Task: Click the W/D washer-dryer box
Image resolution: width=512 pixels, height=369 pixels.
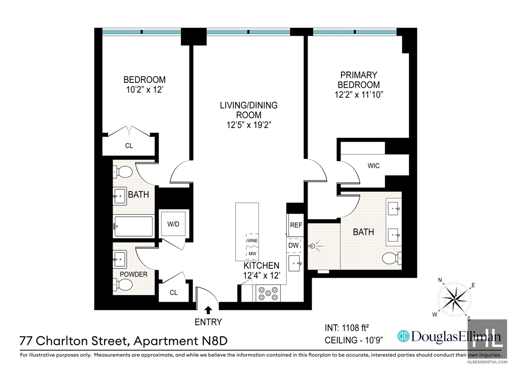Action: [173, 223]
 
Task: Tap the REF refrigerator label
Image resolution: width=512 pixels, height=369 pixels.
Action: [296, 225]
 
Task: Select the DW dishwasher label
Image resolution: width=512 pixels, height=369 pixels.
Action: [294, 245]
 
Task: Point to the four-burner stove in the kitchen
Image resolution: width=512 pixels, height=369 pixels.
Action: [268, 293]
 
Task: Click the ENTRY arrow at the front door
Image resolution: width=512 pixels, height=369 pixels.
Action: [209, 310]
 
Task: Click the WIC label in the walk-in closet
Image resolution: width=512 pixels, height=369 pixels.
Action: [373, 166]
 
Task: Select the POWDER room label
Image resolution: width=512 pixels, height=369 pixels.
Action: [134, 274]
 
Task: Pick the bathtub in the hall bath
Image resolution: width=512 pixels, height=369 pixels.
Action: [133, 227]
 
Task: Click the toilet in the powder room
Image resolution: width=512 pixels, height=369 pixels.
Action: [122, 285]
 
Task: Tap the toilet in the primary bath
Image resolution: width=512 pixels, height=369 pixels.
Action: [390, 258]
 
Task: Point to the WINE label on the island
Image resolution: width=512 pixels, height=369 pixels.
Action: [252, 241]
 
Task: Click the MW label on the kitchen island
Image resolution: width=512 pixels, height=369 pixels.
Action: [252, 253]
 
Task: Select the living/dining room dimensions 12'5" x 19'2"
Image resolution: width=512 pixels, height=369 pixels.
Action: [249, 125]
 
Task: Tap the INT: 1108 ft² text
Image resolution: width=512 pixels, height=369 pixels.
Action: [346, 328]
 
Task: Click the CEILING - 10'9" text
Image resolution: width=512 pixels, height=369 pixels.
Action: [354, 340]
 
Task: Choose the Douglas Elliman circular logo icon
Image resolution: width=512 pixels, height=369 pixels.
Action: [403, 337]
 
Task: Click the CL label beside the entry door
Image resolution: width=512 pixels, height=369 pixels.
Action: [173, 293]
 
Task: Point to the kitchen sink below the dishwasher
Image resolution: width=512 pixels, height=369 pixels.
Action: [295, 264]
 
